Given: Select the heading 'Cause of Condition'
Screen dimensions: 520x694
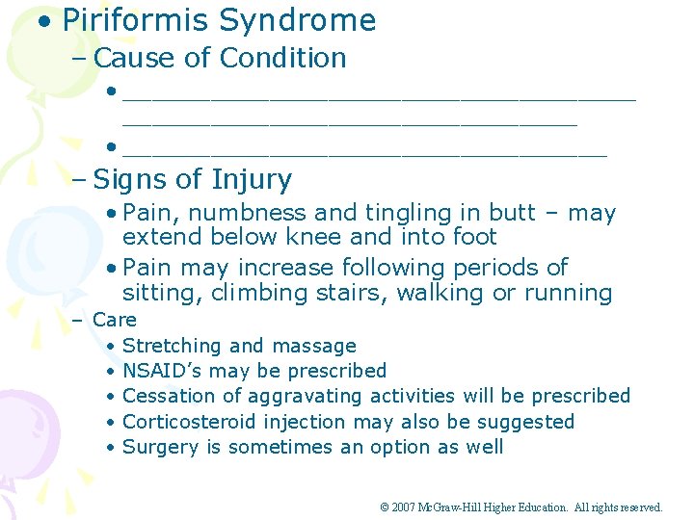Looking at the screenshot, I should click(x=220, y=58).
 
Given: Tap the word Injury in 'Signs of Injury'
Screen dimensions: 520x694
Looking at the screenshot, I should click(x=252, y=180).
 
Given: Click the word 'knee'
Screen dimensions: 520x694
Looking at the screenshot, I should click(x=345, y=237).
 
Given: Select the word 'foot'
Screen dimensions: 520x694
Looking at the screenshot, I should click(x=472, y=237).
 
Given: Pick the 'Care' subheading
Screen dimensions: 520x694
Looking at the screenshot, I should click(x=115, y=320).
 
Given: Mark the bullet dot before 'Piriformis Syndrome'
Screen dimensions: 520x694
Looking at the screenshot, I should click(x=45, y=21).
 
